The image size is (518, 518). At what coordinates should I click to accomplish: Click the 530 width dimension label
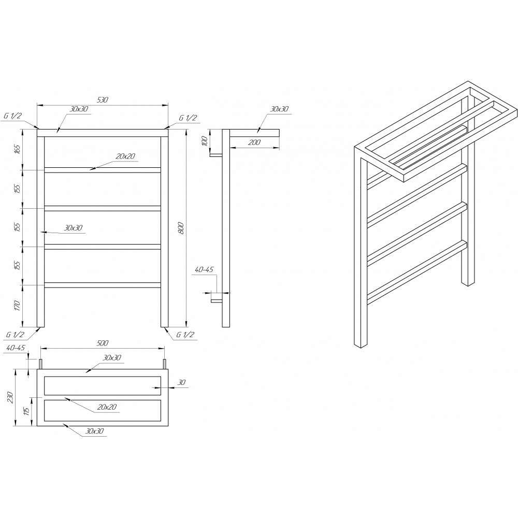pyautogui.click(x=103, y=100)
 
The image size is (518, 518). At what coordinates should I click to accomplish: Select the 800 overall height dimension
pyautogui.click(x=181, y=228)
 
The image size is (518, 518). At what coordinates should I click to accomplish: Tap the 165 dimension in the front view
pyautogui.click(x=18, y=149)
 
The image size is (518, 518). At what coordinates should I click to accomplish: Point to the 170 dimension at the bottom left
pyautogui.click(x=18, y=306)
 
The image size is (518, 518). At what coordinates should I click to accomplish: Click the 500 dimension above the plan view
pyautogui.click(x=103, y=343)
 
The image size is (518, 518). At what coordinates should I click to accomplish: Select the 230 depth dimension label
pyautogui.click(x=10, y=397)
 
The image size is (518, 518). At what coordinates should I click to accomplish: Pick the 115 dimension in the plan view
pyautogui.click(x=27, y=411)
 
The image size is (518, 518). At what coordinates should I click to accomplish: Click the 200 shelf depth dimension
pyautogui.click(x=254, y=142)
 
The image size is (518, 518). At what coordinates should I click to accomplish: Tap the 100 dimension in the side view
pyautogui.click(x=205, y=141)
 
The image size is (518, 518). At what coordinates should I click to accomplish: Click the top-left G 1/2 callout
pyautogui.click(x=12, y=116)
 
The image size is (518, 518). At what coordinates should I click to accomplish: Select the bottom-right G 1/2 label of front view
pyautogui.click(x=185, y=335)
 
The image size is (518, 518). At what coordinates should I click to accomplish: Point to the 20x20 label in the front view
pyautogui.click(x=125, y=156)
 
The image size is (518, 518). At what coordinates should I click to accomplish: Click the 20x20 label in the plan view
pyautogui.click(x=107, y=407)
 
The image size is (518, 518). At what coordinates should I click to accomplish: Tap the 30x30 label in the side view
pyautogui.click(x=280, y=109)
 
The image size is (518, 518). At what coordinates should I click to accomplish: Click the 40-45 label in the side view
pyautogui.click(x=204, y=269)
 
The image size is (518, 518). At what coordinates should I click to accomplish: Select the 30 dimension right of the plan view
pyautogui.click(x=182, y=383)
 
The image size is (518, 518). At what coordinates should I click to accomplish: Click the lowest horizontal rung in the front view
pyautogui.click(x=103, y=285)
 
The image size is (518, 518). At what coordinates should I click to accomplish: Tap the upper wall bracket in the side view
pyautogui.click(x=216, y=155)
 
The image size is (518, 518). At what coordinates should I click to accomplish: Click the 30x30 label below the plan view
pyautogui.click(x=94, y=431)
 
